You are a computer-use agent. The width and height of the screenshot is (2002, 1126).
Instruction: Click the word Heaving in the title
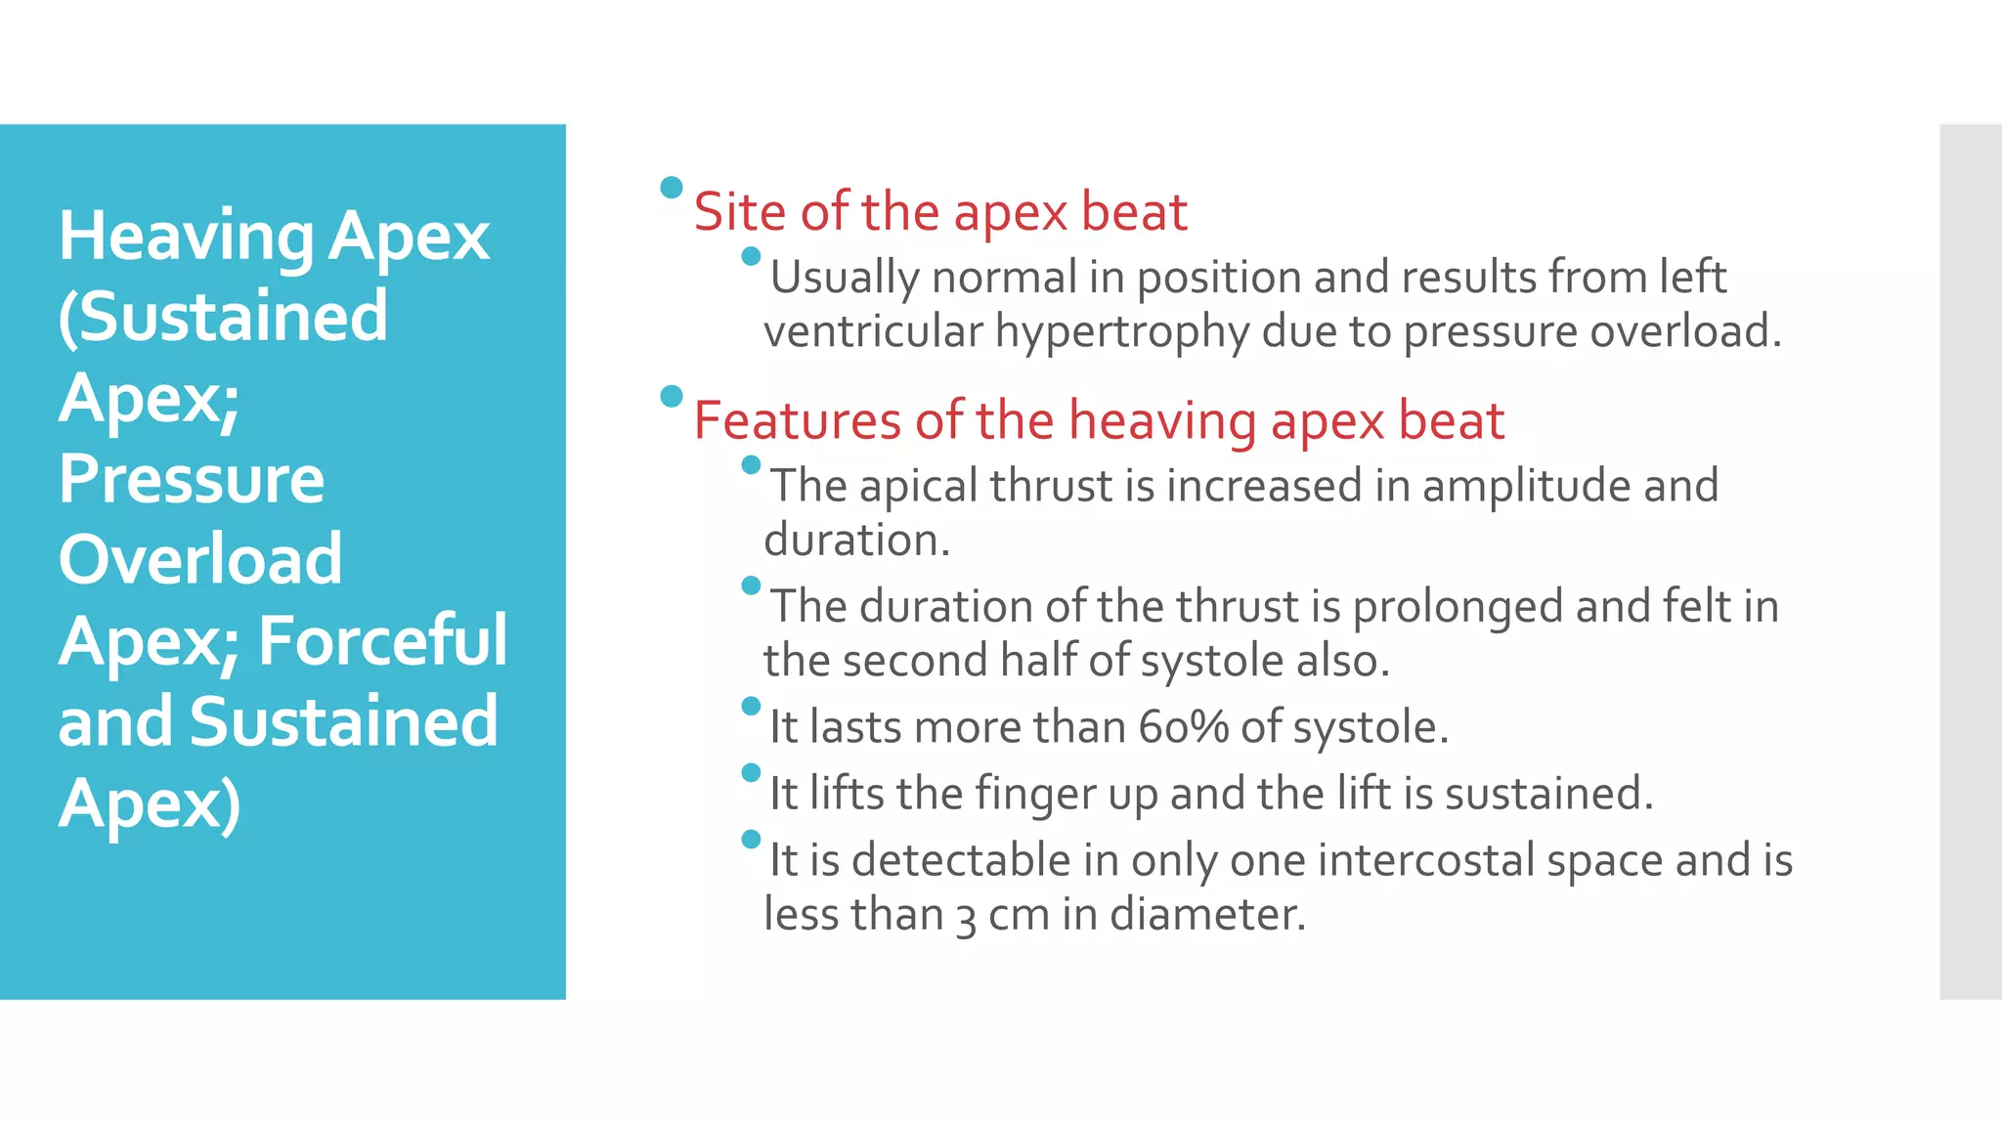[x=186, y=238]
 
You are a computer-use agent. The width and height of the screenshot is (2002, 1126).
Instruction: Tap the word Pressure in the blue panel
[x=192, y=480]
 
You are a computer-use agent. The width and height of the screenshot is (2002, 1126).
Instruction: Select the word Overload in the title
[x=200, y=560]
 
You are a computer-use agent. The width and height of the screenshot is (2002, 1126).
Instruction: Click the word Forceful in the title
[x=382, y=641]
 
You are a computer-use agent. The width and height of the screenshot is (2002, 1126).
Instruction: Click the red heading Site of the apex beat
[x=939, y=212]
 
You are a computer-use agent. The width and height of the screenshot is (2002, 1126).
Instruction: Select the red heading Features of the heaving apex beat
[x=1098, y=421]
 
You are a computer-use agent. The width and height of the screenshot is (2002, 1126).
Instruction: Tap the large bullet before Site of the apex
[x=671, y=188]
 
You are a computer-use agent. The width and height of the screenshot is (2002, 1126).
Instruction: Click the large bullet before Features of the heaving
[x=671, y=396]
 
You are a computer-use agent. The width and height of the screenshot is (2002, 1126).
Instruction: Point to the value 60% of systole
[x=1183, y=727]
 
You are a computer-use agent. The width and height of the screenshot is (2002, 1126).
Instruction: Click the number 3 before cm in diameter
[x=966, y=917]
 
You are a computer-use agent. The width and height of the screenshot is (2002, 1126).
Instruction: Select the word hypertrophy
[x=1121, y=331]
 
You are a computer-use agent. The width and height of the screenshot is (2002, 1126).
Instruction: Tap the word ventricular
[x=872, y=331]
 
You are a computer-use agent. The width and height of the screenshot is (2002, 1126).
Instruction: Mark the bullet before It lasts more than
[x=751, y=706]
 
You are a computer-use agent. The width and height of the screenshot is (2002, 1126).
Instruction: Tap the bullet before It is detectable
[x=751, y=839]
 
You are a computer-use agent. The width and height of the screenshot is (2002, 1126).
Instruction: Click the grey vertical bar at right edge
[x=1970, y=561]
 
